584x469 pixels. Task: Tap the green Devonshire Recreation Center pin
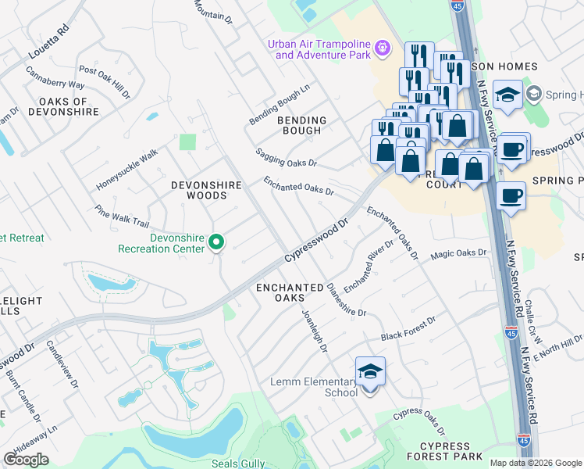pos(218,244)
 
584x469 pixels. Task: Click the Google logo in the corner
pos(26,460)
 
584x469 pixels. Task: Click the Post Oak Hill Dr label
pos(105,82)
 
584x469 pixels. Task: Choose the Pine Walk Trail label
pos(121,217)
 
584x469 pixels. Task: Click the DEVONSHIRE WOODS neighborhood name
pos(206,190)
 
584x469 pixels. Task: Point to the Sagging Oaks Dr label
pos(287,158)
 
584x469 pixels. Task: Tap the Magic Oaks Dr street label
pos(458,253)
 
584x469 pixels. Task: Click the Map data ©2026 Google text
pos(536,463)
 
